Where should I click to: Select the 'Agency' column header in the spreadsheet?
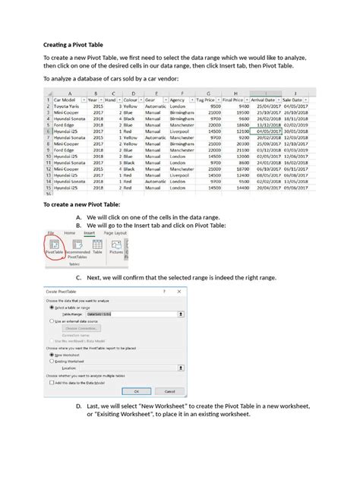click(x=179, y=99)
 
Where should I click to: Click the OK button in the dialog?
click(x=137, y=391)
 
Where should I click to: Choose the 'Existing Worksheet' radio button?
click(x=50, y=361)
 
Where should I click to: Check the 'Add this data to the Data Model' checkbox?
click(x=50, y=382)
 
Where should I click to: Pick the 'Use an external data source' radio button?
click(x=50, y=321)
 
